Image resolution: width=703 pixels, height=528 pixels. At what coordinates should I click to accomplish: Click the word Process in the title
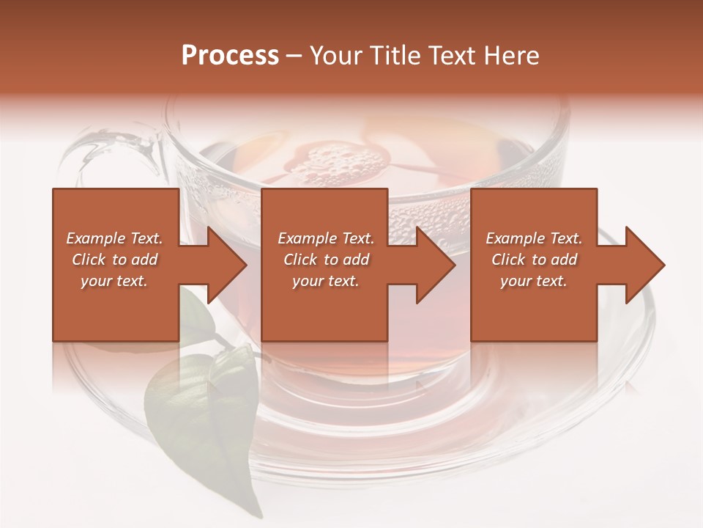230,56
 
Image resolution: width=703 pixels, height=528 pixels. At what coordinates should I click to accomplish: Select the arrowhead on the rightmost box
640,265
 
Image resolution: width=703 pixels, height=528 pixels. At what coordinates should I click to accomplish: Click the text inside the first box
115,260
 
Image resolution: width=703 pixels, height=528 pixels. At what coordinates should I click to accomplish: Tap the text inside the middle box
325,260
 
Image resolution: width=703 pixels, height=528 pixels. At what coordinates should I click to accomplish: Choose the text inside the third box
534,260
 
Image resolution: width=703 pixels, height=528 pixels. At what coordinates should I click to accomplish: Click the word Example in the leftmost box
95,238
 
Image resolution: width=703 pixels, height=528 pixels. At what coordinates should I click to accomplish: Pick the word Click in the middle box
301,260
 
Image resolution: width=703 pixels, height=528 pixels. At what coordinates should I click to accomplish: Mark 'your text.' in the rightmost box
534,281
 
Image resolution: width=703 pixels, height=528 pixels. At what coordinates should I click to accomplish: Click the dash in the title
294,56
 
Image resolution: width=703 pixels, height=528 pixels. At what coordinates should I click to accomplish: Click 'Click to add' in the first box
115,260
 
